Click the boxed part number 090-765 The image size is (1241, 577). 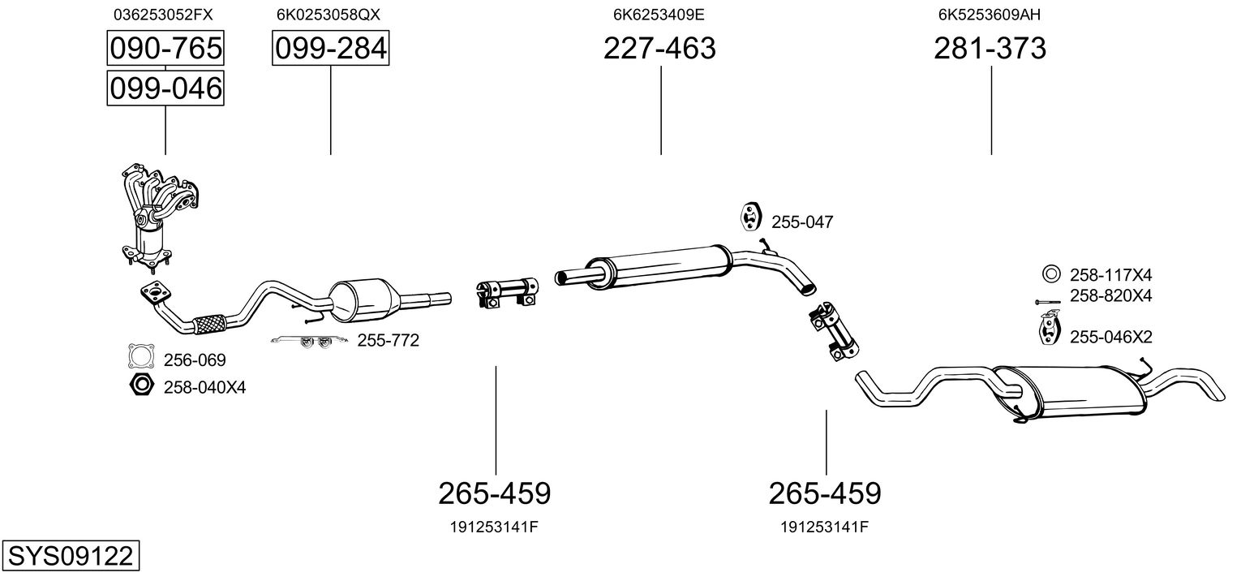[x=165, y=49]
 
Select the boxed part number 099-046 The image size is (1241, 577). [x=165, y=88]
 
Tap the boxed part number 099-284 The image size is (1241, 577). [x=330, y=49]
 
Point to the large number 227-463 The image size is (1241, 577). [x=659, y=49]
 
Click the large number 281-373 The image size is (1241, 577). [x=990, y=49]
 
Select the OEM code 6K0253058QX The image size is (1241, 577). [x=328, y=15]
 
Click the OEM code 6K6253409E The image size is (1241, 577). [x=659, y=15]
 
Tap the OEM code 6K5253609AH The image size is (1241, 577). [x=990, y=15]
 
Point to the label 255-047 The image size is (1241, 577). [x=801, y=222]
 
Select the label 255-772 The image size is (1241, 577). [x=388, y=341]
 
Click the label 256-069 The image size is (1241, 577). [x=195, y=360]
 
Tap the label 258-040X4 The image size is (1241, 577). [x=204, y=388]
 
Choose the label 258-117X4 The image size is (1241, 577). [x=1111, y=273]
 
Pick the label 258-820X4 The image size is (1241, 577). [x=1111, y=295]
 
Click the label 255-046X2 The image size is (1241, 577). [x=1111, y=337]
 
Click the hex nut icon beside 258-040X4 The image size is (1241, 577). [x=141, y=385]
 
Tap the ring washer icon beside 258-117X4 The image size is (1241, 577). [x=1050, y=273]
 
